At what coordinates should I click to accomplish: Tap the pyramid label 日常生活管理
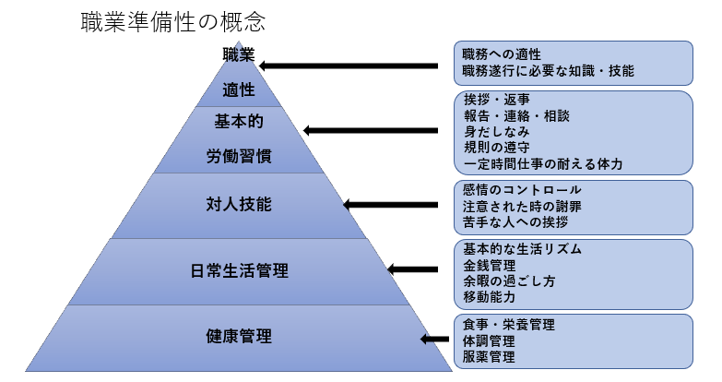pos(239,270)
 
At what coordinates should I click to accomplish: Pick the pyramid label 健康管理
pos(239,336)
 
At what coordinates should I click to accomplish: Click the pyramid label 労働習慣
pos(239,155)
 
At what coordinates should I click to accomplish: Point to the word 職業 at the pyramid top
pos(239,54)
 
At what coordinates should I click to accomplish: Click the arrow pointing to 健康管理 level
pos(435,340)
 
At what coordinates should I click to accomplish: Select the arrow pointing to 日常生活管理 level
pos(412,270)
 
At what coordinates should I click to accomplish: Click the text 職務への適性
pos(502,53)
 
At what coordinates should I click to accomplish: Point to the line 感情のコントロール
pos(522,189)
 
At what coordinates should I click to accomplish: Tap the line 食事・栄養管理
pos(508,325)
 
